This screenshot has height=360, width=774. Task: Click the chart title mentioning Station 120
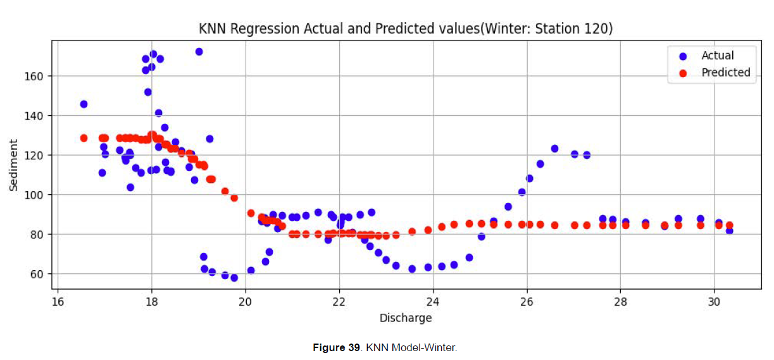(x=405, y=28)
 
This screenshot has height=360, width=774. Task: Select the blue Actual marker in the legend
(x=682, y=56)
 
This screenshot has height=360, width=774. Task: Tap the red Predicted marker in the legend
(x=682, y=73)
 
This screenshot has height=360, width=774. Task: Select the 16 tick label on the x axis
(x=58, y=301)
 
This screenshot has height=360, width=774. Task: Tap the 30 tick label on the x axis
(x=714, y=301)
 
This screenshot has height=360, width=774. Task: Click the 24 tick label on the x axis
(x=433, y=301)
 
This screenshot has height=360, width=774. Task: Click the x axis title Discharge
(x=406, y=318)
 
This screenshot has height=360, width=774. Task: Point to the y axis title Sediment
(x=14, y=166)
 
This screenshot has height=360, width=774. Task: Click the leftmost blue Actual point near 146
(x=84, y=104)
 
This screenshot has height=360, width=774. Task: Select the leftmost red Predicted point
(x=84, y=138)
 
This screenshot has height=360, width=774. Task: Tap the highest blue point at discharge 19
(x=199, y=52)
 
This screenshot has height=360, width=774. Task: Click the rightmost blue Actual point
(x=729, y=231)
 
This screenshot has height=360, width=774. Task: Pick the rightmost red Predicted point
(x=729, y=225)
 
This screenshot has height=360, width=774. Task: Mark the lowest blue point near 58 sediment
(x=234, y=278)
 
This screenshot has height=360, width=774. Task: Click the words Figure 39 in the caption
(x=337, y=348)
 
